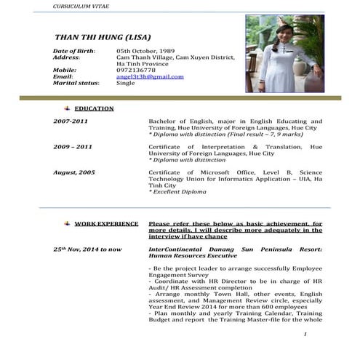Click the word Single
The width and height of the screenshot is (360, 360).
tap(126, 83)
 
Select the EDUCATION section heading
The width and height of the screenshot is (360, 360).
tap(94, 108)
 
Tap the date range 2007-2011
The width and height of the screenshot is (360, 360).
tap(70, 121)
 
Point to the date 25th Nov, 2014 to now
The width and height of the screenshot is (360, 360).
tap(87, 249)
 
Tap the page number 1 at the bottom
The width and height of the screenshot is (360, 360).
tap(307, 334)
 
